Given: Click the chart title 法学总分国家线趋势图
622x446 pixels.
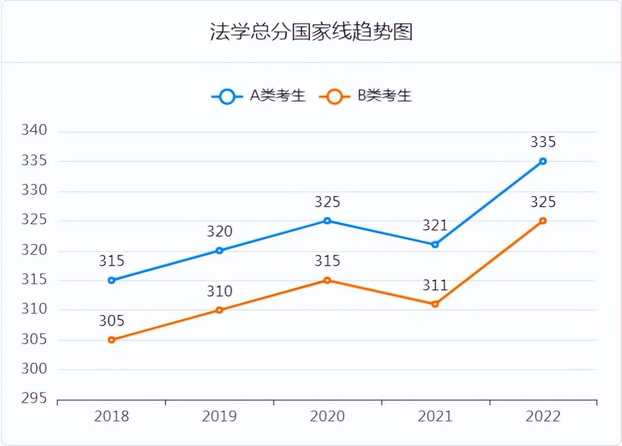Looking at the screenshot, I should (x=311, y=31).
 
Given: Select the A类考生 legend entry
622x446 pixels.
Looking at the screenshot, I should (x=259, y=95).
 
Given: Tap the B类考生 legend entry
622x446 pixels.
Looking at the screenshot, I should (x=366, y=95).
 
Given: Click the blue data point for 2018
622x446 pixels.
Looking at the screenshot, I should (x=112, y=280).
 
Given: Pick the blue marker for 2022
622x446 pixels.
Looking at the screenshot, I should (x=543, y=161).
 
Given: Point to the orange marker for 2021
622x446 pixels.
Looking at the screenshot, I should (x=435, y=304).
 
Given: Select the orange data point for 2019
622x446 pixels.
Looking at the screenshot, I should (x=220, y=310).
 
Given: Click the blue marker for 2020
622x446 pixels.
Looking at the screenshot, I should (x=327, y=221).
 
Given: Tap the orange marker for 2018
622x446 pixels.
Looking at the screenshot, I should (x=112, y=340).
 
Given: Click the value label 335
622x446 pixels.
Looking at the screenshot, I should (x=543, y=142).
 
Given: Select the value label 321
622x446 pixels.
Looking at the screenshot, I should (x=435, y=226).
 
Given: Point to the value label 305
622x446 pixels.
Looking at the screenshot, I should (x=112, y=321).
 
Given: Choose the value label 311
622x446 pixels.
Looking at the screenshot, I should (x=435, y=285).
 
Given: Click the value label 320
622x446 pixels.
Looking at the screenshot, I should (x=220, y=232).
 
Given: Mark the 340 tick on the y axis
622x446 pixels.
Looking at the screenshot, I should (x=34, y=131).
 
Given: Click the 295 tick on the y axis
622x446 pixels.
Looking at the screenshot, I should (x=34, y=398).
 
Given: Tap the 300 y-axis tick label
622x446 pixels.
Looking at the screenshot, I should (x=34, y=369).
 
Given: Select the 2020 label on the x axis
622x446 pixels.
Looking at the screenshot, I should (x=327, y=417).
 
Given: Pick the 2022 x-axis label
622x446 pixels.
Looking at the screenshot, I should (x=543, y=417).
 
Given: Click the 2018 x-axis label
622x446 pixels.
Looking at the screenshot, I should (x=112, y=417).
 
